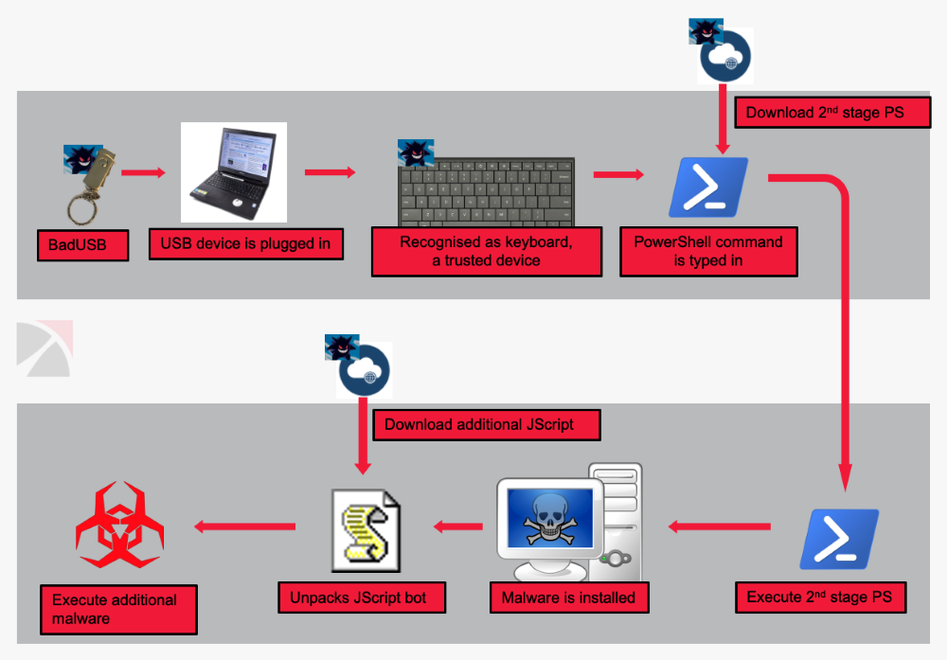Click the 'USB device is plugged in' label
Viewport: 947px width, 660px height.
pos(245,243)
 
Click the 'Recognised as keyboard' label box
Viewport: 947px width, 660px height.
pos(487,251)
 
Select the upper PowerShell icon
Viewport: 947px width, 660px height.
pos(708,187)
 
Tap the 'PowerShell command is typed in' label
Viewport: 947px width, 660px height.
pos(708,251)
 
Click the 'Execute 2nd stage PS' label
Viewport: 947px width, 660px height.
pos(820,597)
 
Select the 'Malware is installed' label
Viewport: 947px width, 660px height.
pos(568,598)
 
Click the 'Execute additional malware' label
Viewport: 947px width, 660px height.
pos(118,609)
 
